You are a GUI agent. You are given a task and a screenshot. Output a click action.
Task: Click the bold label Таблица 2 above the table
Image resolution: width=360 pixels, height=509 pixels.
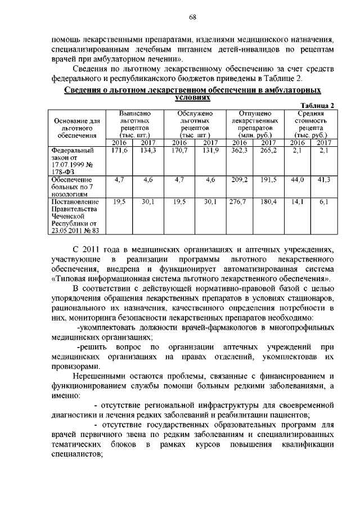click(x=318, y=106)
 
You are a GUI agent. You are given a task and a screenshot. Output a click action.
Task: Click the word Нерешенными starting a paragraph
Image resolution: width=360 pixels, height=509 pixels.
click(x=96, y=375)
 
